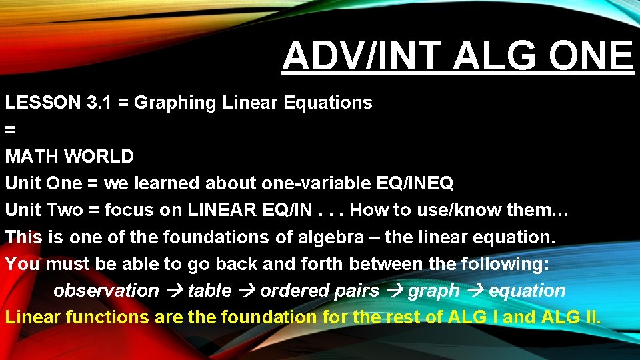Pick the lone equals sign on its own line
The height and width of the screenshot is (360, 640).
click(10, 129)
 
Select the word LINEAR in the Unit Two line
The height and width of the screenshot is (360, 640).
click(220, 210)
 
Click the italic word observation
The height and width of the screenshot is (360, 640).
click(106, 291)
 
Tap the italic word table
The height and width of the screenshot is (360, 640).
click(209, 291)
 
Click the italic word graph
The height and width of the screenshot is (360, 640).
click(433, 291)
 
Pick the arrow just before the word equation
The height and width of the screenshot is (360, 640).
click(474, 291)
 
